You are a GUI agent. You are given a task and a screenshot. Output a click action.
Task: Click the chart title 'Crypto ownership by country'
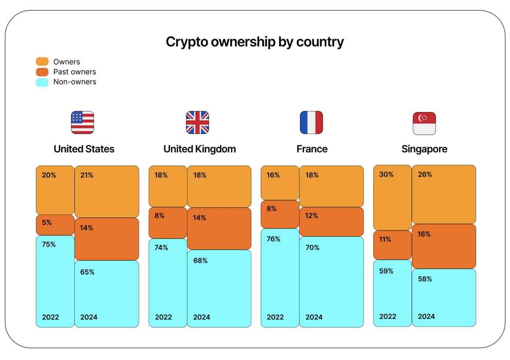point(255,42)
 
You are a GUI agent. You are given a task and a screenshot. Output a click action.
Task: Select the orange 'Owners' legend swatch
point(42,62)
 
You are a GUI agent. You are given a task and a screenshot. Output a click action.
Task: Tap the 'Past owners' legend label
point(74,72)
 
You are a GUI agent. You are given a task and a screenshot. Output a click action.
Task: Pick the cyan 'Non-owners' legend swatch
point(42,82)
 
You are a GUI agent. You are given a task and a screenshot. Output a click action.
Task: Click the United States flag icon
point(82,122)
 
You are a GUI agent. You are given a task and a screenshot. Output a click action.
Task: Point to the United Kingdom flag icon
point(198,122)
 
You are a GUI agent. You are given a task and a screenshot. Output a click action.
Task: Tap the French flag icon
point(311,122)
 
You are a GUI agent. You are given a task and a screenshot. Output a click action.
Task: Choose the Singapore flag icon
point(424,123)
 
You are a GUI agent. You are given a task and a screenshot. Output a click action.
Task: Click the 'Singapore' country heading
point(424,149)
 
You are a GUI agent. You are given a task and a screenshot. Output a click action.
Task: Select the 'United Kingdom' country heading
point(199,149)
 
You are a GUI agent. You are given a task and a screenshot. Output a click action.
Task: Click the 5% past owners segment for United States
point(55,225)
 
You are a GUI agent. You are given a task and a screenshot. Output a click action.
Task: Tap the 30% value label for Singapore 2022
point(386,174)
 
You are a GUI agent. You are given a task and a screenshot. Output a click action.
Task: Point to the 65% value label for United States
point(87,272)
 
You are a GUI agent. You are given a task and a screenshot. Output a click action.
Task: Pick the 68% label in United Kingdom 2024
point(200,261)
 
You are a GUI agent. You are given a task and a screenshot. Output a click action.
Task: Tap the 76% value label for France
point(273,239)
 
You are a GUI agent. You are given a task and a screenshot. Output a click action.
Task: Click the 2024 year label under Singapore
point(426,316)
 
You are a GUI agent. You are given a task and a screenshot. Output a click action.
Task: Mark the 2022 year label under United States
point(51,317)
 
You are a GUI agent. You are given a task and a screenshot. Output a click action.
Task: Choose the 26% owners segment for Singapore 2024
point(444,195)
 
